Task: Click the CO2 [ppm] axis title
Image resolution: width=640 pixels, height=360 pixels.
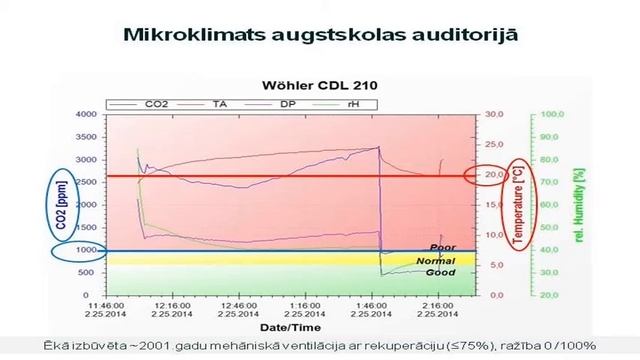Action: pyautogui.click(x=62, y=204)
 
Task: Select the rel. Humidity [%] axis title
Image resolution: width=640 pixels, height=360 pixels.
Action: pyautogui.click(x=577, y=204)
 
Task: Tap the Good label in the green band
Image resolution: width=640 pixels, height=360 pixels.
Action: pyautogui.click(x=440, y=273)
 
